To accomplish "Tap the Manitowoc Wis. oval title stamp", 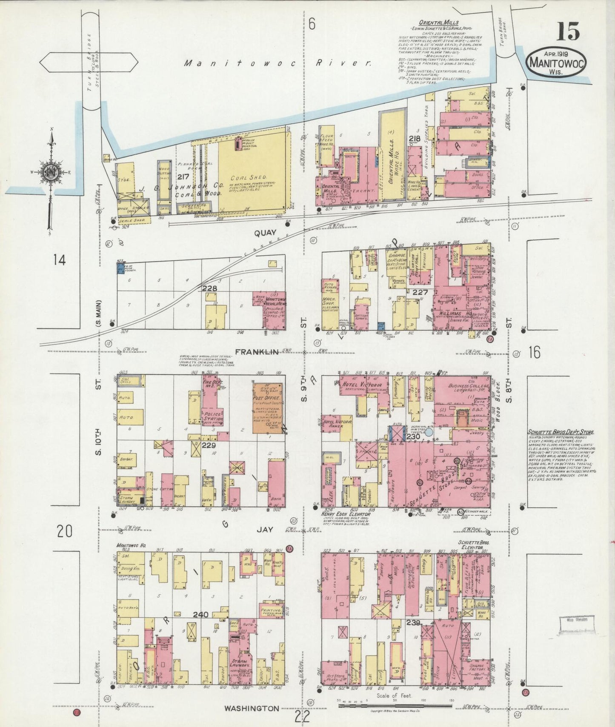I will tap(557, 63).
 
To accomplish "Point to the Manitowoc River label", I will tap(277, 63).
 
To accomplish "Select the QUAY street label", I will tap(266, 233).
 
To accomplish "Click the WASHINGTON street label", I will tap(252, 708).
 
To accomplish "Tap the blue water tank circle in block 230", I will tap(429, 433).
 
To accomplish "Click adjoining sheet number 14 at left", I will tap(59, 259).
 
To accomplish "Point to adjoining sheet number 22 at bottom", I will tap(302, 717).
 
